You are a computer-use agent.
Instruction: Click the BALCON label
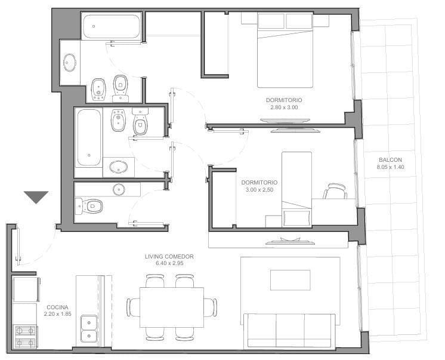pos(390,159)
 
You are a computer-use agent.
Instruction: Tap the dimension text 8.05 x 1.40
pos(390,167)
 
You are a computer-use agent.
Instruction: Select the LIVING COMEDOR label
pos(169,257)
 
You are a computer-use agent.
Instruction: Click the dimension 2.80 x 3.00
pos(284,107)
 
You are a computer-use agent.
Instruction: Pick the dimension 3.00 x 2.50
pos(257,189)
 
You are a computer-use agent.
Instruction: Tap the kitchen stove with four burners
pos(26,336)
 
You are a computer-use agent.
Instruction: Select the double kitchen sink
pos(89,330)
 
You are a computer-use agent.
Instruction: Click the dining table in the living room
pos(171,307)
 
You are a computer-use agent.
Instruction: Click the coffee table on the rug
pos(290,279)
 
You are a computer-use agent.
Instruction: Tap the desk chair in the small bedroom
pos(335,192)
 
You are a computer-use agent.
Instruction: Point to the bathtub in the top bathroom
pos(111,27)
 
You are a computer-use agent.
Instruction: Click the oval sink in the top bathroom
pos(70,62)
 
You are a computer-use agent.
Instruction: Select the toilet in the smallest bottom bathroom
pos(89,207)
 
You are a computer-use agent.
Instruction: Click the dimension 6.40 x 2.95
pos(169,263)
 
